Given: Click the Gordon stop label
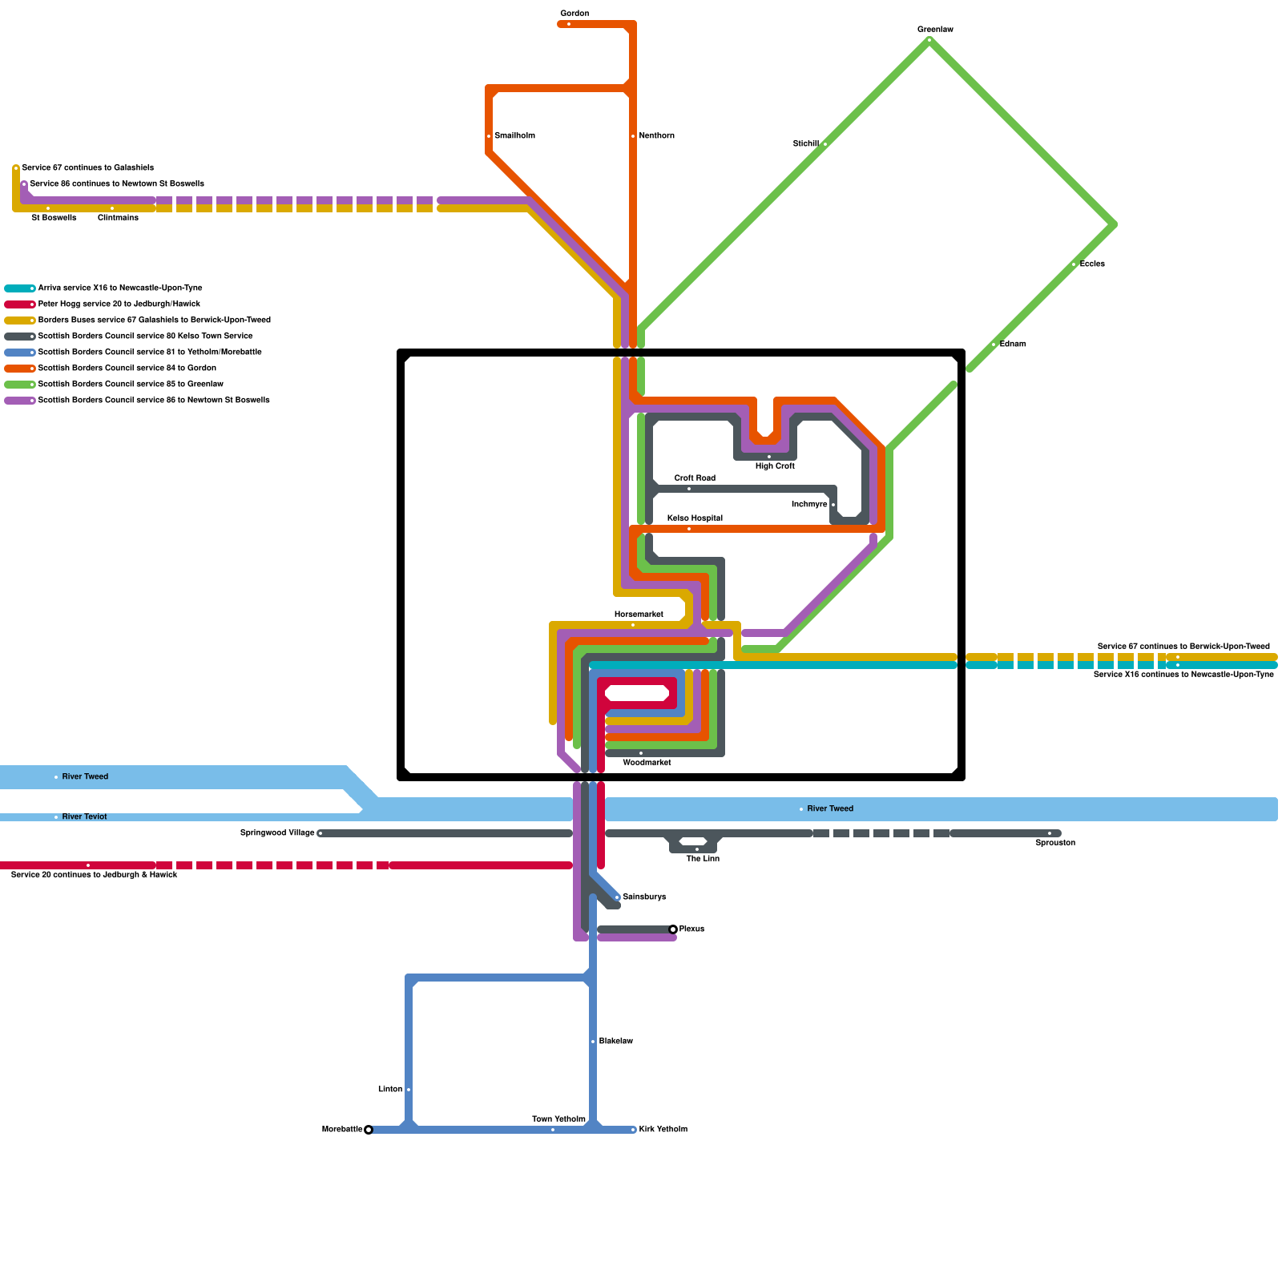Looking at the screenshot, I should point(574,14).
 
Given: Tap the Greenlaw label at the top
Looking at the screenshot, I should point(935,30).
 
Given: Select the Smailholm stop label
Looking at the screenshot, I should point(514,136).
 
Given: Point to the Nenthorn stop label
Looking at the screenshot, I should point(656,136).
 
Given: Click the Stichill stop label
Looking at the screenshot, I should point(805,144).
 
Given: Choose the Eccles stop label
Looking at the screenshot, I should point(1092,264).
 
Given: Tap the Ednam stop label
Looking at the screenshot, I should point(1013,345).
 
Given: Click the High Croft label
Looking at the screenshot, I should point(775,466).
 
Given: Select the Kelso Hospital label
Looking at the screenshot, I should point(695,518).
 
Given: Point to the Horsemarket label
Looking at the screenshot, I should point(639,615).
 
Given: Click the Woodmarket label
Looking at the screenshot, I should point(647,763).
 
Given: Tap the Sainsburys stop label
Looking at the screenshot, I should point(644,897).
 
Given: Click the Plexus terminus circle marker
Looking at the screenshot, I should point(673,929).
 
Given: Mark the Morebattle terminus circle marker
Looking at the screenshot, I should point(369,1130).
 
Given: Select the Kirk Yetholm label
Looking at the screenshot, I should point(663,1130).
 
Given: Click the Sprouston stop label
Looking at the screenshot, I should point(1054,843).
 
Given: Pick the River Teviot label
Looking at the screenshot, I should point(84,817).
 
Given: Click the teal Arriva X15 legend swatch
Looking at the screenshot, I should point(19,288).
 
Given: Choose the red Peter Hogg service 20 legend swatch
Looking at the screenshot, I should point(19,304).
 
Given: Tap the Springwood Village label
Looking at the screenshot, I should point(277,833).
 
